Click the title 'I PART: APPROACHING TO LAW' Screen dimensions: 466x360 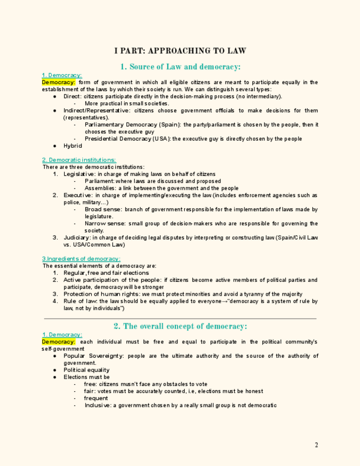(x=180, y=51)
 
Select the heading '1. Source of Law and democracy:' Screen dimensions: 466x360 (x=180, y=67)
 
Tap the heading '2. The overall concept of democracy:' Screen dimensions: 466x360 (x=180, y=326)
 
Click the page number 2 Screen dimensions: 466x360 (x=316, y=445)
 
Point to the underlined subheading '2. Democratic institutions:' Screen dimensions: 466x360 (x=79, y=160)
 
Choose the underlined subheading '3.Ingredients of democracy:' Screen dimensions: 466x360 (x=81, y=259)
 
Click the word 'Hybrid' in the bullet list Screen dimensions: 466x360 (x=73, y=146)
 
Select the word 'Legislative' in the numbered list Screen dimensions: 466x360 (x=79, y=174)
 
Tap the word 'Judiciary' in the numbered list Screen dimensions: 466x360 (x=77, y=237)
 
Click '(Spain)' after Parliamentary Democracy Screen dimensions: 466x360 (x=169, y=125)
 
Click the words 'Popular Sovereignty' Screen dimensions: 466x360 (x=93, y=356)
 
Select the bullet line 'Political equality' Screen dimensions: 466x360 (x=86, y=370)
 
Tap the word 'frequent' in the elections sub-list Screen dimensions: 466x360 (x=96, y=398)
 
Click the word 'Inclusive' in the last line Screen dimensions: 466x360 (x=97, y=406)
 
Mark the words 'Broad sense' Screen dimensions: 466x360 (x=103, y=209)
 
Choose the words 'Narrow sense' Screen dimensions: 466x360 (x=104, y=224)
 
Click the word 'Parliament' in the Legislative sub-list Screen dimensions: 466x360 (x=99, y=181)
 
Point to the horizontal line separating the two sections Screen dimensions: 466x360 (x=180, y=318)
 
